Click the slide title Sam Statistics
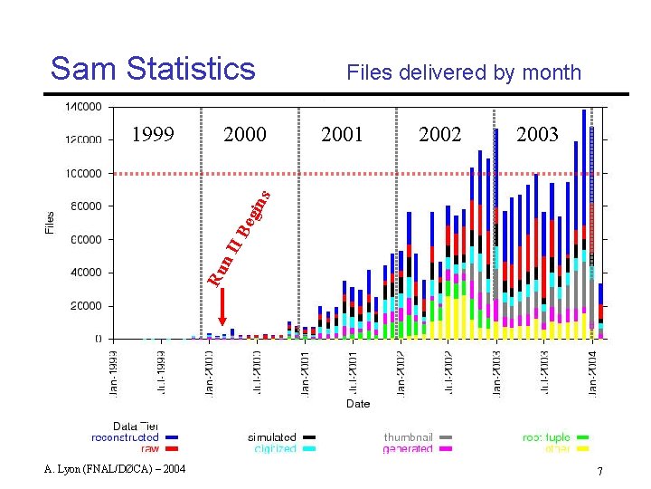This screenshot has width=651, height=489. coord(153,68)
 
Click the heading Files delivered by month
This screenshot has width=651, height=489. coord(464,72)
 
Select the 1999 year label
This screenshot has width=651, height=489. coord(153,135)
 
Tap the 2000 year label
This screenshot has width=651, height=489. coord(245,135)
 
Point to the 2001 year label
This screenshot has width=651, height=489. coord(342,135)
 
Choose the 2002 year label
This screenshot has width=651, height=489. coord(440,135)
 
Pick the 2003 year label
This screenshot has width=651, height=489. coord(537,135)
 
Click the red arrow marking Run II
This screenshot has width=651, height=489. coord(222,308)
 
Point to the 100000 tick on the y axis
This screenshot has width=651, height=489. coord(82,173)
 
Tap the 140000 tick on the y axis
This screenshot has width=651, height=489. coord(82,107)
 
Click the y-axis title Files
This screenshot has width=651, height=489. coord(51,223)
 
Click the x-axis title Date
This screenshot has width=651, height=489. coord(358,404)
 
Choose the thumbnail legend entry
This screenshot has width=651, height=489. coord(408,437)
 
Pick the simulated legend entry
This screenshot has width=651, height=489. coord(272,437)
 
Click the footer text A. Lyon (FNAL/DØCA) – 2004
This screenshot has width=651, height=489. coord(114,468)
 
